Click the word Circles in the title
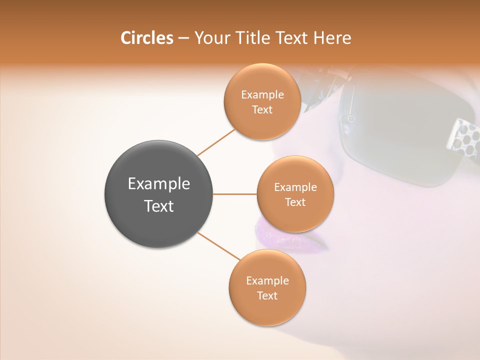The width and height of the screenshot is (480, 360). pyautogui.click(x=146, y=38)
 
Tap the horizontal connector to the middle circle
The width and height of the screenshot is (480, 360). pyautogui.click(x=234, y=194)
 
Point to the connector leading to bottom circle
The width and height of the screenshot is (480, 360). pyautogui.click(x=218, y=246)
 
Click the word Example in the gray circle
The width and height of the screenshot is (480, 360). pyautogui.click(x=159, y=184)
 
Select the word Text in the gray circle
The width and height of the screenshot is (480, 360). pyautogui.click(x=159, y=206)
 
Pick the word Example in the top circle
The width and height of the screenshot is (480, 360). pyautogui.click(x=262, y=95)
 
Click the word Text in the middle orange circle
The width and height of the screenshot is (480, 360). pyautogui.click(x=295, y=202)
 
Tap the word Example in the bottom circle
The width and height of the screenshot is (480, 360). pyautogui.click(x=267, y=281)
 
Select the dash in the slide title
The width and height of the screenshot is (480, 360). pyautogui.click(x=183, y=38)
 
